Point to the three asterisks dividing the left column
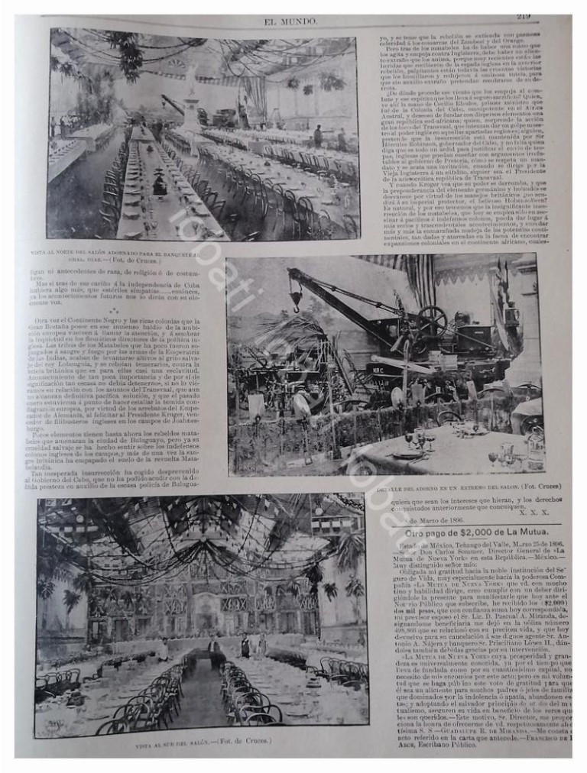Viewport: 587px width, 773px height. click(113, 312)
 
